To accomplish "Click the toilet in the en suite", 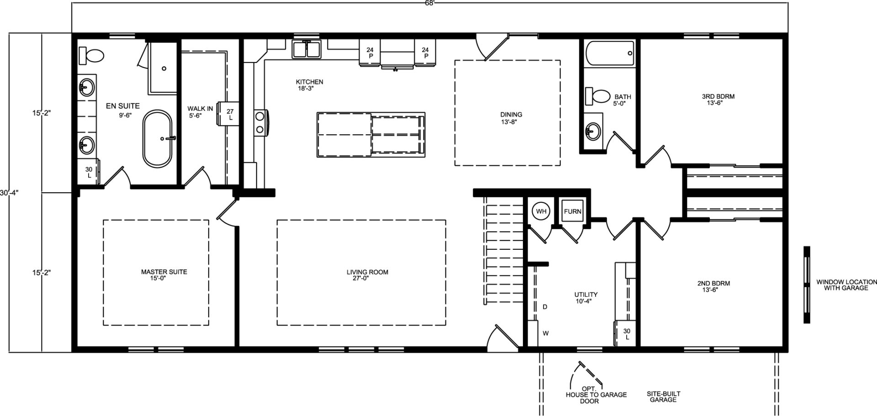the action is (x=91, y=56).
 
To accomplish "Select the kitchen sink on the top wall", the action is (x=306, y=49).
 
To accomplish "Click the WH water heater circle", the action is (x=541, y=211).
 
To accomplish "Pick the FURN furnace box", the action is (x=572, y=211).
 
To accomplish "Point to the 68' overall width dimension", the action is (x=429, y=2).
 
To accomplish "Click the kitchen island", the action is (x=371, y=135).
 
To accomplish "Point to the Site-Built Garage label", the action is (x=663, y=396).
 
